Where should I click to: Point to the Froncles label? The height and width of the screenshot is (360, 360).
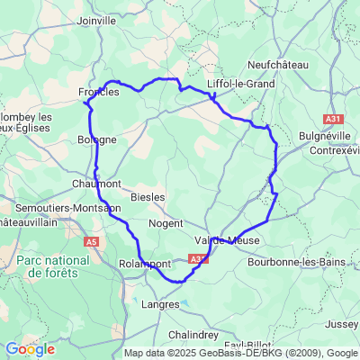click(x=98, y=92)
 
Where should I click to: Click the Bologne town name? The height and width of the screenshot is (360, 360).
click(x=97, y=139)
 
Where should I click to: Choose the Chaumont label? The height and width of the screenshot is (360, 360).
click(x=96, y=183)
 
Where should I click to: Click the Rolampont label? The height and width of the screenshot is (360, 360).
click(x=145, y=263)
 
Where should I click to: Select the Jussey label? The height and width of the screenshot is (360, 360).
click(x=343, y=322)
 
